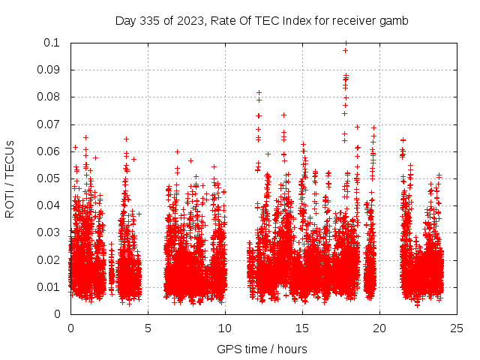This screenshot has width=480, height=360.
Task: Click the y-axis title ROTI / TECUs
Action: click(10, 178)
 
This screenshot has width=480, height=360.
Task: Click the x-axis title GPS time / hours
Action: click(262, 349)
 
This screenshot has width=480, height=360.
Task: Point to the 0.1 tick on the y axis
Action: click(52, 43)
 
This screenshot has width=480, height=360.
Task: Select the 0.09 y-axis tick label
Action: click(49, 70)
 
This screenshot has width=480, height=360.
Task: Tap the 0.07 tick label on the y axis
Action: click(49, 124)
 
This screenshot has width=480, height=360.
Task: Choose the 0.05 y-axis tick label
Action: click(49, 178)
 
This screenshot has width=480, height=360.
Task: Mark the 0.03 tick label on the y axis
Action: click(49, 232)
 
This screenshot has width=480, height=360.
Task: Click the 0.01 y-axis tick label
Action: click(49, 286)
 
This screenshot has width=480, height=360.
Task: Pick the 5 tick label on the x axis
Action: click(148, 328)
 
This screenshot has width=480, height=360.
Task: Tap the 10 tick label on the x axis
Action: click(225, 328)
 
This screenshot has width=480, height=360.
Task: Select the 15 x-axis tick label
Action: click(302, 328)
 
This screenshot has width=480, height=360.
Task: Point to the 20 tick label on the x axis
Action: click(379, 328)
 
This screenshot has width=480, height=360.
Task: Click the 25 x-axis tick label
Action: click(457, 328)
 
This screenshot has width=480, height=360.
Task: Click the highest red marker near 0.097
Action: click(345, 51)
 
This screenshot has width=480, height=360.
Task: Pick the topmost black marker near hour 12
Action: click(259, 92)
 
